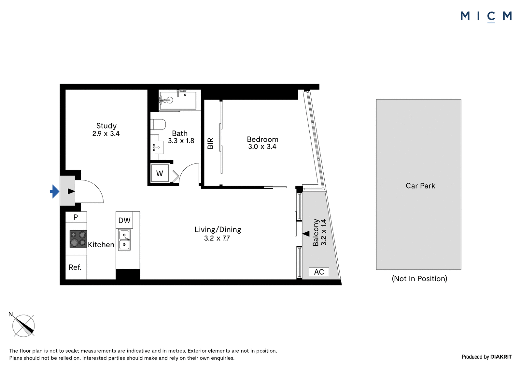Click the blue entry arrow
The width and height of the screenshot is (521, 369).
coord(55,192)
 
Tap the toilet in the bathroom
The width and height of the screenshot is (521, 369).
coord(158,125)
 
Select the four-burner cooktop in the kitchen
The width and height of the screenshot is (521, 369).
coord(78,239)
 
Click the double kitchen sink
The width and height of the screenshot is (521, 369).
coord(124,240)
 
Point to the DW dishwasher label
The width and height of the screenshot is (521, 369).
coord(124,220)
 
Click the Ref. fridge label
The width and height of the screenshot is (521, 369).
coord(75,267)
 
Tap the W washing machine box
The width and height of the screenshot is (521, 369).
coord(160,173)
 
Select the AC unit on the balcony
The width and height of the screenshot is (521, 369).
coord(319,272)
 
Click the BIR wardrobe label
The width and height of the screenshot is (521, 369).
coord(210,143)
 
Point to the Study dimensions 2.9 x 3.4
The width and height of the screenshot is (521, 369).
coord(106,133)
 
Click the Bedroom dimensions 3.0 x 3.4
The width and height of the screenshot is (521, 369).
coord(262,146)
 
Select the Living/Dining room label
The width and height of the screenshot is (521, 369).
coord(218,230)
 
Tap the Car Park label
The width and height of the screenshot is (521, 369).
coord(420,186)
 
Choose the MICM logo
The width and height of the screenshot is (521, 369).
coord(486,16)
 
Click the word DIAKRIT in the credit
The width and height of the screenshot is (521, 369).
coord(501,357)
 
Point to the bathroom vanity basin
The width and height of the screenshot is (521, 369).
coord(158,147)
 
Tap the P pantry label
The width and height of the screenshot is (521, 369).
coord(76,217)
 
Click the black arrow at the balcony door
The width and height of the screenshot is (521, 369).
coord(306,234)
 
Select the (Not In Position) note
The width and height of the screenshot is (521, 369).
coord(419,279)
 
